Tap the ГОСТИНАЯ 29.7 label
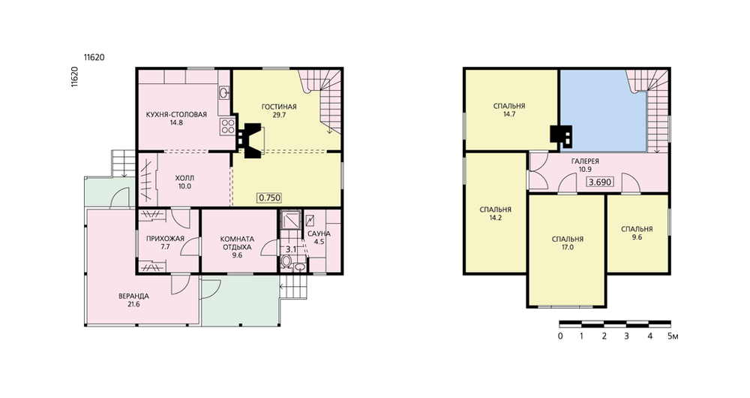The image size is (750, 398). [279, 110]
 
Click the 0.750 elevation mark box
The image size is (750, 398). [269, 197]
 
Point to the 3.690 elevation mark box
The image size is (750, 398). [600, 182]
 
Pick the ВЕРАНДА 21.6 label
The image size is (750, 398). [133, 300]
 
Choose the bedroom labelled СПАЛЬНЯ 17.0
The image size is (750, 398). [567, 243]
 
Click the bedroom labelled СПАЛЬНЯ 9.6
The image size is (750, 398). [637, 233]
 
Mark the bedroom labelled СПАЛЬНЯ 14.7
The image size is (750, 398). [509, 110]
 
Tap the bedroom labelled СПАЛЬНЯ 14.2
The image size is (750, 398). [495, 213]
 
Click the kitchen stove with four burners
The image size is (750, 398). [226, 126]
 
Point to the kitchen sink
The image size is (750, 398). [224, 92]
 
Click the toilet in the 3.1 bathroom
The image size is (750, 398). [286, 261]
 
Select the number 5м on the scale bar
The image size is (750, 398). [673, 336]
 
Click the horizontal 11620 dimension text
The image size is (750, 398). [94, 58]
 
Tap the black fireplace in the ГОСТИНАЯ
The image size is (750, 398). [252, 141]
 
